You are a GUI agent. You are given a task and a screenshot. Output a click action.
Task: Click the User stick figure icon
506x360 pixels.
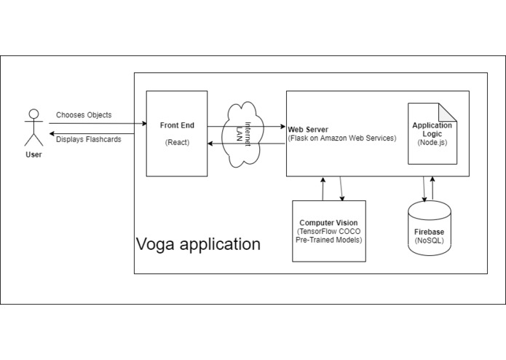(32, 128)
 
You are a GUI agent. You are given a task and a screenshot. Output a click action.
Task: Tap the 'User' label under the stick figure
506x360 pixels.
(33, 154)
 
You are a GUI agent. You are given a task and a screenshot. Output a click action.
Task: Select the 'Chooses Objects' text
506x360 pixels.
(84, 115)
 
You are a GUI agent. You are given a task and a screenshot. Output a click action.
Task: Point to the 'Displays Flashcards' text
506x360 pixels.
(89, 139)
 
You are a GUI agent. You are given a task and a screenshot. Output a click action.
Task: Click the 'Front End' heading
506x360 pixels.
(177, 125)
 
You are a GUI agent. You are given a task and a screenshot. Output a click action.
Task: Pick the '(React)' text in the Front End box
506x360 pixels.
(177, 142)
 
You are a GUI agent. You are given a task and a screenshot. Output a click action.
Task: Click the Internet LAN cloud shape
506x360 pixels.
(246, 135)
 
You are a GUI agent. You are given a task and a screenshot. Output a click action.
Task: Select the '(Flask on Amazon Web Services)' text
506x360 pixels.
(342, 138)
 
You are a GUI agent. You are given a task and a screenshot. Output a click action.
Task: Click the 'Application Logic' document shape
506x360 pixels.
(432, 135)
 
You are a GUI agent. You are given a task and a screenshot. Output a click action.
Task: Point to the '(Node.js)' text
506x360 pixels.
(432, 143)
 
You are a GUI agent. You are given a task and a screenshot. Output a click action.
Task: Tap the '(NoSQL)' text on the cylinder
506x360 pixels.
(430, 240)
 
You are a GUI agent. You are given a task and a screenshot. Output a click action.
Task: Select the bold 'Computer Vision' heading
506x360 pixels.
(329, 222)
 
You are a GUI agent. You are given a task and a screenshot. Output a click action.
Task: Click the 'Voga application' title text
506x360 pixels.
(198, 244)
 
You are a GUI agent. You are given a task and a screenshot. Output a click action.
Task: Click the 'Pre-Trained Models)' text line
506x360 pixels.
(329, 240)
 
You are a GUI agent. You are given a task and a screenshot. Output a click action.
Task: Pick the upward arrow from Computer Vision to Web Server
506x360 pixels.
(322, 188)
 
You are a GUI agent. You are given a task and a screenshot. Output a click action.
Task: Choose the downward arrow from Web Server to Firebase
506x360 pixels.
(424, 189)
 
